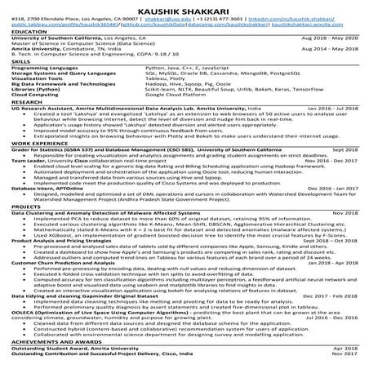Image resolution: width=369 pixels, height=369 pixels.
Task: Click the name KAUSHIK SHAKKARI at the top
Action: pos(184,7)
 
